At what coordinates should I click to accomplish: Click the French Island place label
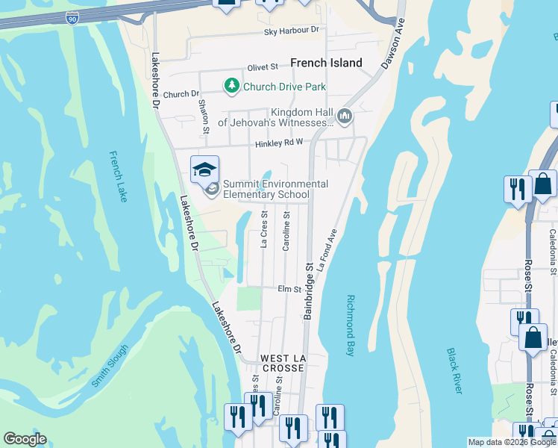point(326,63)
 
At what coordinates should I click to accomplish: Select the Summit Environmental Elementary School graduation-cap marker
point(204,169)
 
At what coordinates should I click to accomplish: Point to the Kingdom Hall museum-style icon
point(344,116)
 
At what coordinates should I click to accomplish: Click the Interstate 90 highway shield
point(72,18)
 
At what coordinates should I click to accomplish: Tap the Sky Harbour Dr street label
point(291,31)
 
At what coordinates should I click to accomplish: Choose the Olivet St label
point(263,67)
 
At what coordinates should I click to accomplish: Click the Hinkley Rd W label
point(278,143)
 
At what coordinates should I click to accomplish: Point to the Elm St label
point(288,289)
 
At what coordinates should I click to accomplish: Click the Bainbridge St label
point(307,291)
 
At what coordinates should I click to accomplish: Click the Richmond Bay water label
point(351,325)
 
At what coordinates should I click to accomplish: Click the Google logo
point(25,439)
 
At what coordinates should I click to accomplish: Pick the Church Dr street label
point(181,95)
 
